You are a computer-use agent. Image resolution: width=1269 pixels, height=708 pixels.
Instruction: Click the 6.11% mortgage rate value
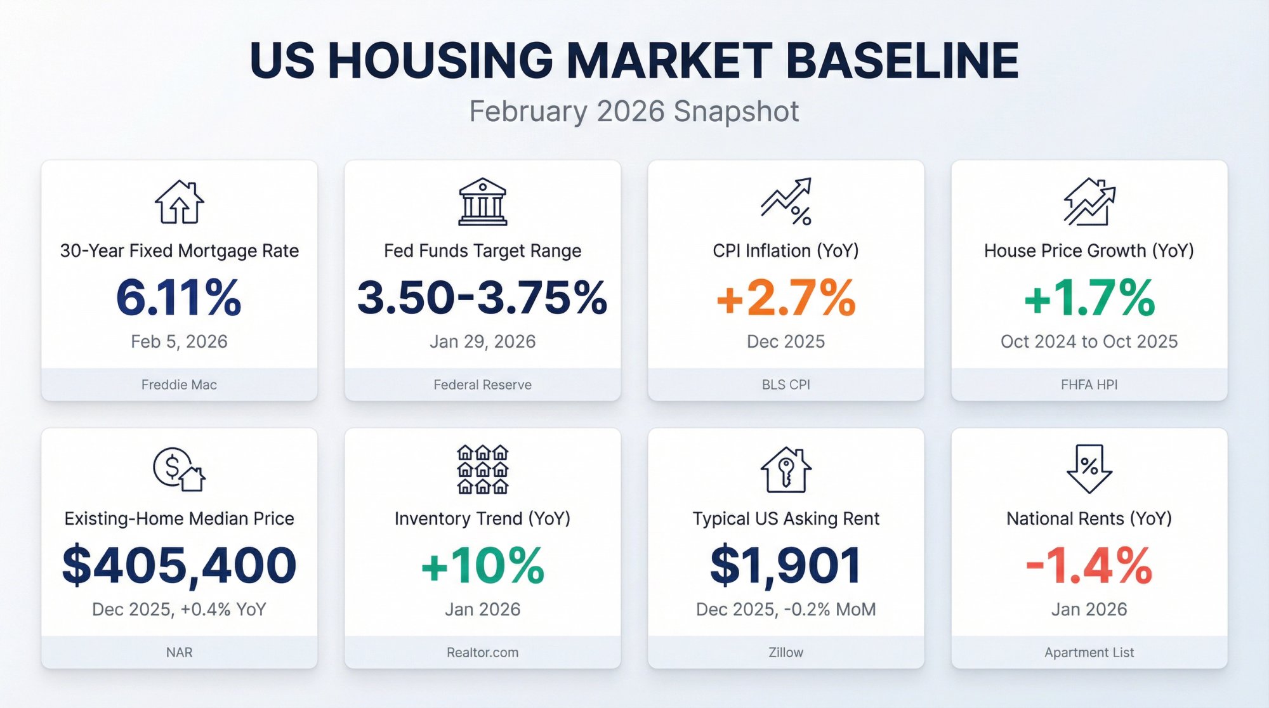(x=179, y=298)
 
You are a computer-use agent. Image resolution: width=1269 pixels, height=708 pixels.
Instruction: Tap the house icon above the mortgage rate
(x=180, y=202)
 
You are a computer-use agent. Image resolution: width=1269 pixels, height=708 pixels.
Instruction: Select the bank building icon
(x=483, y=202)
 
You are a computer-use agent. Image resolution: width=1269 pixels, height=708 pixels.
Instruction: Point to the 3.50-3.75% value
(x=482, y=298)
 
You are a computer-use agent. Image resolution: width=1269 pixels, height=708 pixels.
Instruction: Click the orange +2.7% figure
(x=786, y=298)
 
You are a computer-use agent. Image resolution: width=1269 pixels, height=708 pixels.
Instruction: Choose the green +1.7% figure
(x=1089, y=298)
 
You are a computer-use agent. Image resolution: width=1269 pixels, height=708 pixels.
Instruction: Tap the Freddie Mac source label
(x=179, y=384)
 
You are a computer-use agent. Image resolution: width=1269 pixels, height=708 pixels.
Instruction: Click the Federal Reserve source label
(x=482, y=384)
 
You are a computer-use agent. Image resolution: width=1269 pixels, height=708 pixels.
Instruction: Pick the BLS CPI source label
(x=786, y=384)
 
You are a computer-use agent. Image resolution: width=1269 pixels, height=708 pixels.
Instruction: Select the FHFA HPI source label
(x=1089, y=384)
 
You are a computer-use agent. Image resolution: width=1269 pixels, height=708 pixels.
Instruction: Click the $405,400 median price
(x=179, y=565)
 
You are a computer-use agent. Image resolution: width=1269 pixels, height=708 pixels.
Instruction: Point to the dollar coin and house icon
(x=179, y=469)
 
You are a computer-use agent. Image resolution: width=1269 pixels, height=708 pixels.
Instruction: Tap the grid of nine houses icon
(x=483, y=469)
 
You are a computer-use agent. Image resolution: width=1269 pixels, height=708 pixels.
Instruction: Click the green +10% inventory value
(x=482, y=565)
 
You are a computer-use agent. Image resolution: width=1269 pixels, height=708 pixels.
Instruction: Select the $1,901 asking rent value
(x=786, y=565)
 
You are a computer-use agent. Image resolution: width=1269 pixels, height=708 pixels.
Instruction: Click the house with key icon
(x=786, y=470)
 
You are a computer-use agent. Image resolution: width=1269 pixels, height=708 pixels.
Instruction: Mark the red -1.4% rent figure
(x=1089, y=565)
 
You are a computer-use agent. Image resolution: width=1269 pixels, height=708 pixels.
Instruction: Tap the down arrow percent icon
(x=1089, y=469)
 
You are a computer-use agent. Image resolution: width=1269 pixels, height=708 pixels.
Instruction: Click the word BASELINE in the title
(x=902, y=61)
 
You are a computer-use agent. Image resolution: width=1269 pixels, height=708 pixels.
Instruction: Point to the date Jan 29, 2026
(x=482, y=341)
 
